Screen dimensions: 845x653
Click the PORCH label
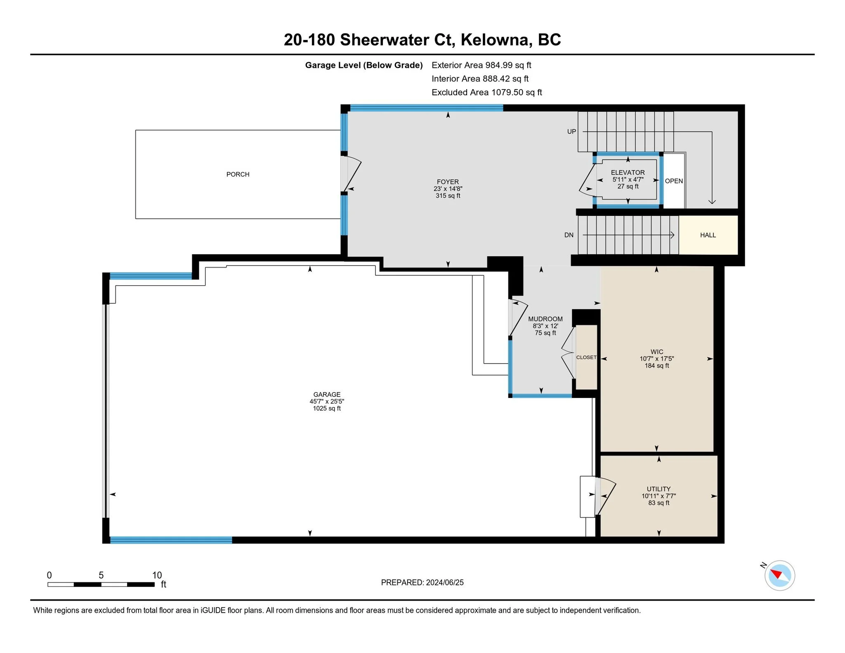tap(238, 175)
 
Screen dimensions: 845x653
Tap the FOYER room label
tap(448, 182)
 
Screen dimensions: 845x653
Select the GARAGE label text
tap(327, 395)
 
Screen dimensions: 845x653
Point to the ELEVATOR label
tap(628, 173)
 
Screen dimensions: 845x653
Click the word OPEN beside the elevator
tap(674, 181)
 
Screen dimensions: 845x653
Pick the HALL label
tap(708, 235)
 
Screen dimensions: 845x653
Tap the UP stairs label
tap(571, 132)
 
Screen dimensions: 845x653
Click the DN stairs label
tap(569, 235)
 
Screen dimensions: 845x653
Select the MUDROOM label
tap(545, 319)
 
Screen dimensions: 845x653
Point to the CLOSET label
tap(586, 357)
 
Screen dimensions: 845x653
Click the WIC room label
tap(657, 352)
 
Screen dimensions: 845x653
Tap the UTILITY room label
tap(659, 489)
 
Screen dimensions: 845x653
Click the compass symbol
tap(779, 575)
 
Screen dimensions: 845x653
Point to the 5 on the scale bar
tap(101, 575)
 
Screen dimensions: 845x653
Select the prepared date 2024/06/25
tap(445, 582)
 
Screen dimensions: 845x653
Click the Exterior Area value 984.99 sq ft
tap(508, 65)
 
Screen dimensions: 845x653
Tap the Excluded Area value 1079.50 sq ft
tap(517, 92)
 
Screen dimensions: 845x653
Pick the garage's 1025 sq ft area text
tap(327, 409)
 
